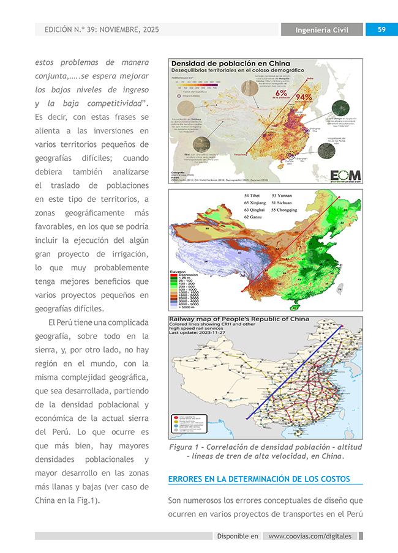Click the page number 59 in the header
(x=381, y=29)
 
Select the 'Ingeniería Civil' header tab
(x=322, y=30)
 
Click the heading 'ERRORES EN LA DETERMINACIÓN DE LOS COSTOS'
(x=258, y=478)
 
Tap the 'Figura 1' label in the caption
(x=186, y=447)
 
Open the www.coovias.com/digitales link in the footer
(x=310, y=536)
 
